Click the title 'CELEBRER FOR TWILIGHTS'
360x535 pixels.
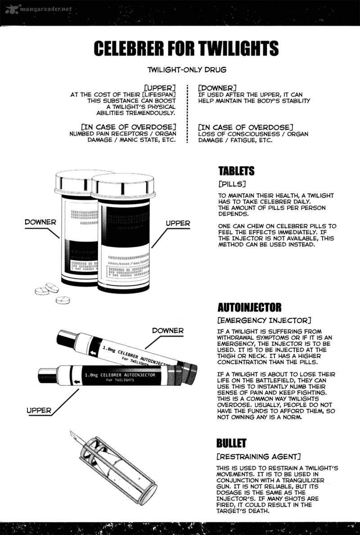186,49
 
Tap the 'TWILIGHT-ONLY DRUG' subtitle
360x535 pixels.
186,70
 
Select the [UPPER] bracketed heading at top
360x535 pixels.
160,88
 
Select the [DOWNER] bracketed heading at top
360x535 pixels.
217,88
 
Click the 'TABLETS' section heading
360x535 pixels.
236,171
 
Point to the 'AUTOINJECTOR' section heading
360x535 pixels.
250,308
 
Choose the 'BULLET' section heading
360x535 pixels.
231,443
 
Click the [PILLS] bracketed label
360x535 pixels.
232,184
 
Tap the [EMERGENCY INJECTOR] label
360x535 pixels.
264,320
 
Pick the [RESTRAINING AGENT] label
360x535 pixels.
258,457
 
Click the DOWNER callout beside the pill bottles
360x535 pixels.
40,222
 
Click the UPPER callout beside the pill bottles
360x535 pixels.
178,223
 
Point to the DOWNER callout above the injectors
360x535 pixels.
168,331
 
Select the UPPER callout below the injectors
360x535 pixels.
39,410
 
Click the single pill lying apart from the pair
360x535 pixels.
63,300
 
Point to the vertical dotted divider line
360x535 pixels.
187,114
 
